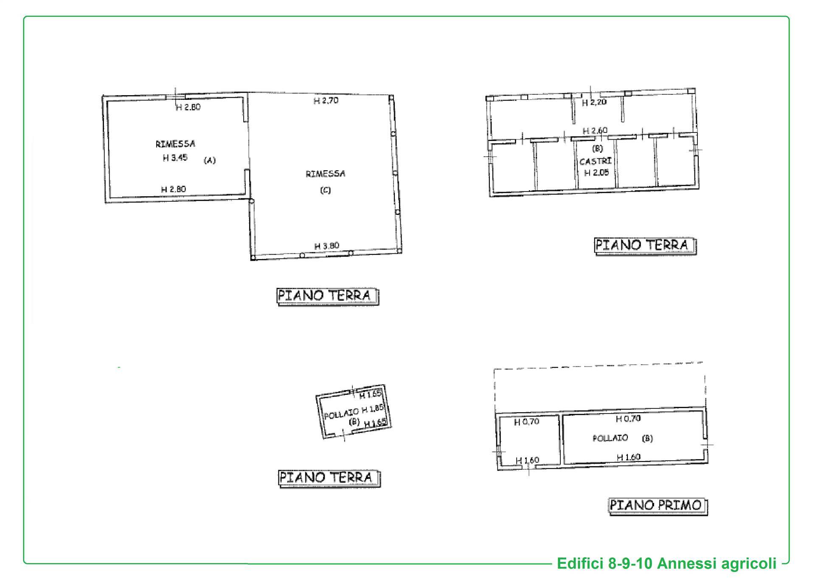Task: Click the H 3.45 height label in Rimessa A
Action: pyautogui.click(x=175, y=158)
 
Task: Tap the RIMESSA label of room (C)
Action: pyautogui.click(x=325, y=174)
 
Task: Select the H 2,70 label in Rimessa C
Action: pyautogui.click(x=326, y=101)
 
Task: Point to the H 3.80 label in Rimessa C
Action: pyautogui.click(x=326, y=246)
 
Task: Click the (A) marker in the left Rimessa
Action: pyautogui.click(x=210, y=161)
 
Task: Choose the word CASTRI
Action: pyautogui.click(x=596, y=161)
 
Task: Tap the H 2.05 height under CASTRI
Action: pyautogui.click(x=596, y=173)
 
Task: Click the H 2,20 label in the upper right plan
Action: pyautogui.click(x=594, y=102)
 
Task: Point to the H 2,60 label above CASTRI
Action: pyautogui.click(x=595, y=130)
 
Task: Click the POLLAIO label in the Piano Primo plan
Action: pyautogui.click(x=610, y=438)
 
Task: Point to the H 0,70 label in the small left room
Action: pyautogui.click(x=526, y=422)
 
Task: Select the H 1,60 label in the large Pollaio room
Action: pyautogui.click(x=628, y=457)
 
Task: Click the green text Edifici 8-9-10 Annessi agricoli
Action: pyautogui.click(x=666, y=563)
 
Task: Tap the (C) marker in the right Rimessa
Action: pyautogui.click(x=325, y=190)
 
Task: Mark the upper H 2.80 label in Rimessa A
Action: pyautogui.click(x=188, y=107)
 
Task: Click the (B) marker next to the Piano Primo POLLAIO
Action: pyautogui.click(x=647, y=438)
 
